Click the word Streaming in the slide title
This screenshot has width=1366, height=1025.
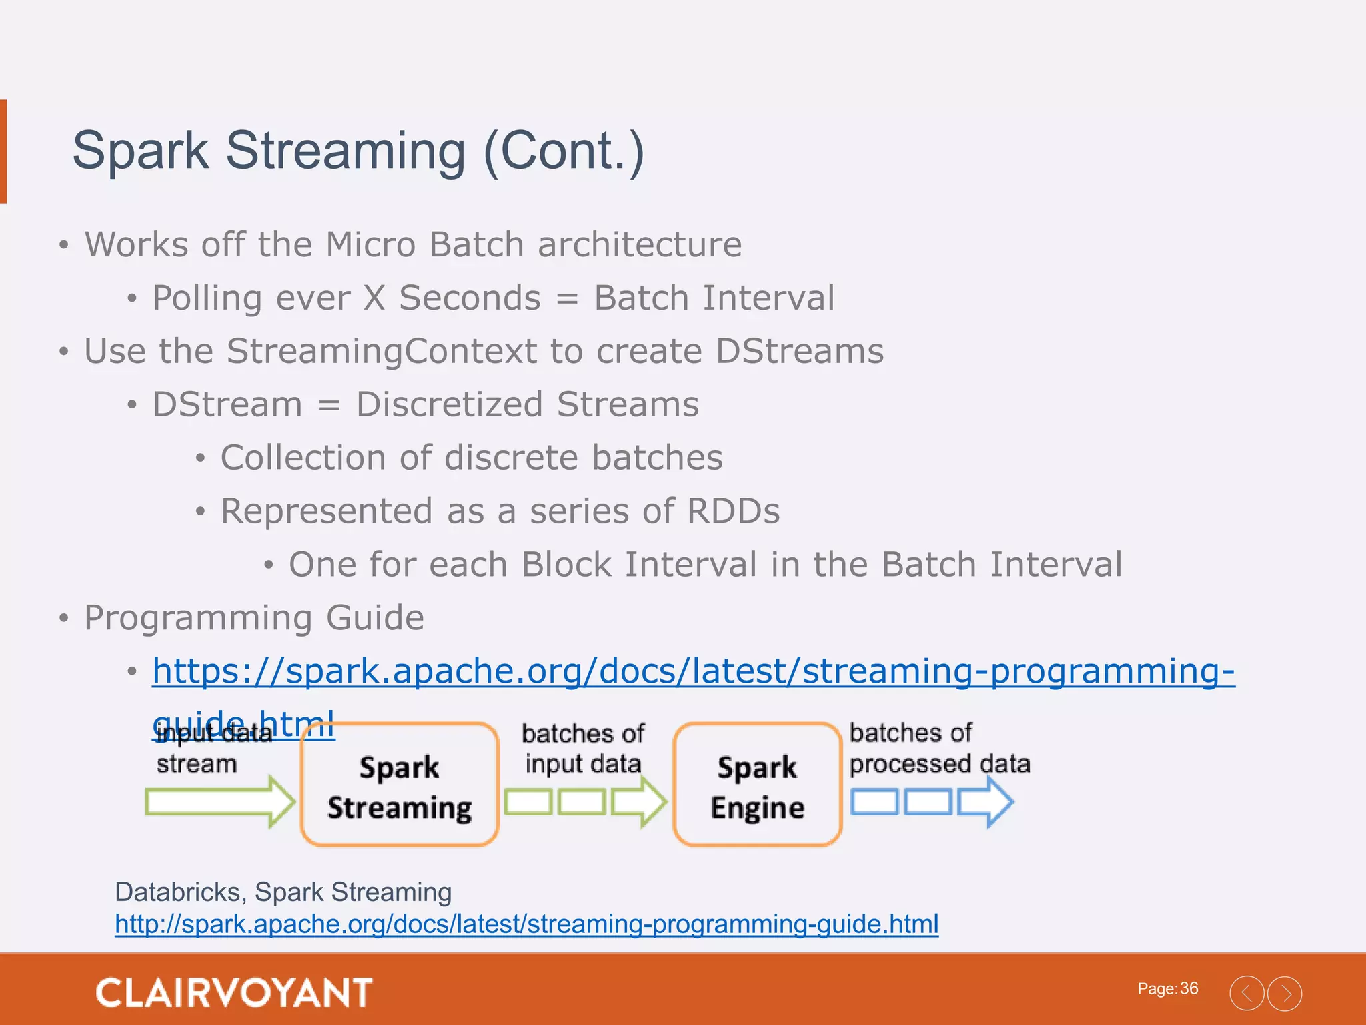tap(346, 151)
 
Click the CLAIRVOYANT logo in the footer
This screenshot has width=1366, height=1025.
tap(233, 992)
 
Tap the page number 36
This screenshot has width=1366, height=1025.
tap(1189, 988)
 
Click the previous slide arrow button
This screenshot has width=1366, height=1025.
tap(1246, 993)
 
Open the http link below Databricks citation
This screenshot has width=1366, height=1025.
tap(526, 924)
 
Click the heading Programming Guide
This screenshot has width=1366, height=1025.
tap(254, 617)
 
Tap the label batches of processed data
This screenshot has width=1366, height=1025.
tap(939, 749)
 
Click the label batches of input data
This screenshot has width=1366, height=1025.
tap(582, 749)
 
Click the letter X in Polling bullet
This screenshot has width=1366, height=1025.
tap(375, 298)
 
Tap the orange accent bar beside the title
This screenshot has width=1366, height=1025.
tap(3, 151)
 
